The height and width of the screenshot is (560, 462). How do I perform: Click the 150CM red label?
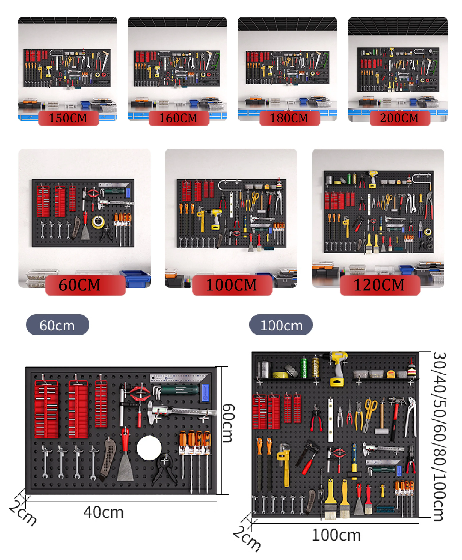pos(68,118)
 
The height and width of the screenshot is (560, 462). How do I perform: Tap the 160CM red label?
pos(179,118)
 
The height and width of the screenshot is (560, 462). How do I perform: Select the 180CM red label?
pos(290,118)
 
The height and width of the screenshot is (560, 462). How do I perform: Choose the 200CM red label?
pos(400,118)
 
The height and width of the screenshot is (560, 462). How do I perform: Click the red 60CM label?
pos(85,285)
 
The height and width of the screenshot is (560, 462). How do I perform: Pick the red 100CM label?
pos(232,285)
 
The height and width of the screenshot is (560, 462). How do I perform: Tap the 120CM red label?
pos(380,285)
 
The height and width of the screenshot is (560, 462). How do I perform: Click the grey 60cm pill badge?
pos(58,325)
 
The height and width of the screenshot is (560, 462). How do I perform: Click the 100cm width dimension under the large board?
pos(336,535)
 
